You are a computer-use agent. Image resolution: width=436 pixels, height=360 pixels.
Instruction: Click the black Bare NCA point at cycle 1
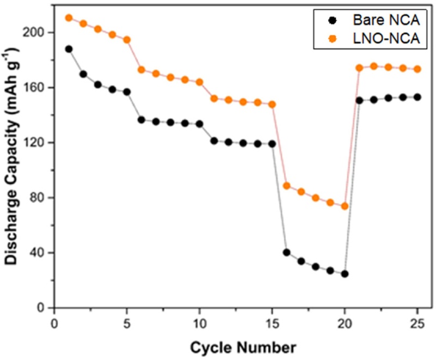(69, 49)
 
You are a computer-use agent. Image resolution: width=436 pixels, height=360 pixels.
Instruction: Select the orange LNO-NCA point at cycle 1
(69, 18)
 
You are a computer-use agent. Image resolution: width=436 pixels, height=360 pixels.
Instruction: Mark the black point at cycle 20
(344, 274)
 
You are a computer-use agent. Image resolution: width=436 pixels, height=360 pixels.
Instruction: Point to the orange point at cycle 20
(344, 206)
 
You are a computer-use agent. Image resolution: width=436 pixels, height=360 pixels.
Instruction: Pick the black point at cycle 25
(417, 97)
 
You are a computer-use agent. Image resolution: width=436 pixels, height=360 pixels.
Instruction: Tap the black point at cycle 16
(287, 252)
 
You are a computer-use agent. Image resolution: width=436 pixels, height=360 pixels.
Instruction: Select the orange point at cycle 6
(141, 70)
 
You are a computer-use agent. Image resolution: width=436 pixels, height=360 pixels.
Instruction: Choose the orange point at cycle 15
(272, 104)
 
